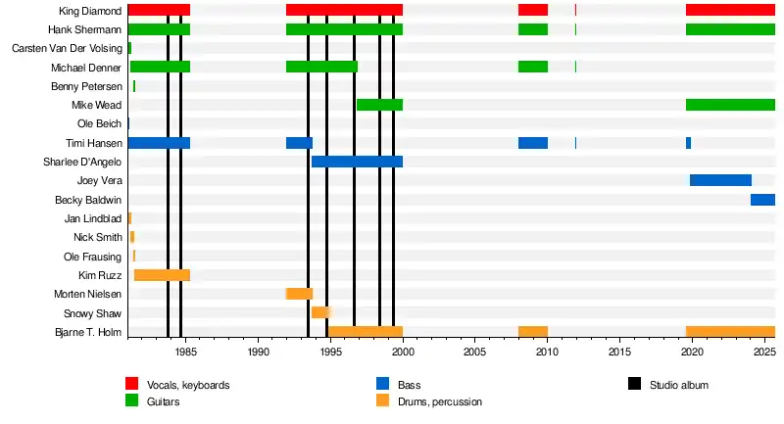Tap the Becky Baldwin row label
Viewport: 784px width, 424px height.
(x=87, y=200)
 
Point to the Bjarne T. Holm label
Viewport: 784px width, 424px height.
(x=86, y=332)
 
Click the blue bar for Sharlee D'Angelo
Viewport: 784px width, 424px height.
(x=357, y=162)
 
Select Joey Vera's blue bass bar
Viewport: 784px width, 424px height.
(x=720, y=180)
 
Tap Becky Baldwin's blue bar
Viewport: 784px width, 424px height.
(x=762, y=200)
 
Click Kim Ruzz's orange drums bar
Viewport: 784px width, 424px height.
(x=162, y=275)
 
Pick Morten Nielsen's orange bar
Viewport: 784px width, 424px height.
(x=299, y=294)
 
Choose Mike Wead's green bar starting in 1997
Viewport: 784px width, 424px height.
(x=379, y=105)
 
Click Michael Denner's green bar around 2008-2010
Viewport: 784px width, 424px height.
(x=533, y=67)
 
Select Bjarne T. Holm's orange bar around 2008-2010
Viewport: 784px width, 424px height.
(x=533, y=332)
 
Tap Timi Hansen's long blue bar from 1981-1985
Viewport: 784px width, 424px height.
(x=158, y=143)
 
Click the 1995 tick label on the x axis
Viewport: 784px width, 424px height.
(x=330, y=352)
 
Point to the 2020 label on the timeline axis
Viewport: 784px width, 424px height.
(x=692, y=352)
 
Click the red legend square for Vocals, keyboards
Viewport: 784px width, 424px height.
(x=131, y=384)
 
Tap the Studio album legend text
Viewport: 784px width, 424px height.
(x=678, y=385)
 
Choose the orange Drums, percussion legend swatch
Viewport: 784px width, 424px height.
(x=382, y=400)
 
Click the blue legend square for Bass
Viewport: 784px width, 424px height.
(x=382, y=384)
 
